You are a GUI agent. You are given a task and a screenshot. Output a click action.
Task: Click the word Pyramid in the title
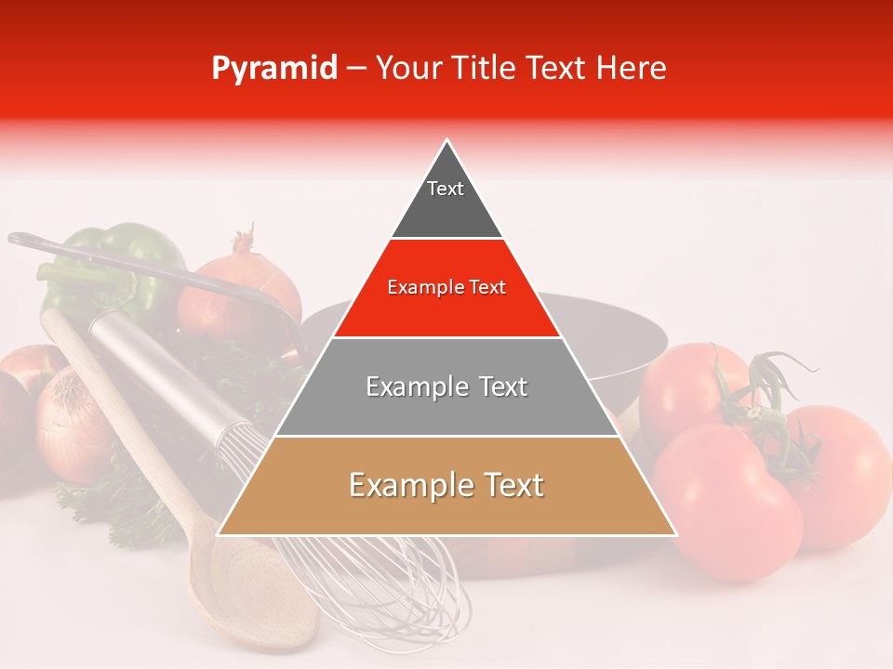273,69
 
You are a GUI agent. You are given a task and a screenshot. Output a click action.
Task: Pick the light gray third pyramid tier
446,409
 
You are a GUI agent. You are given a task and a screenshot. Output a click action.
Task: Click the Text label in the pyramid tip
445,189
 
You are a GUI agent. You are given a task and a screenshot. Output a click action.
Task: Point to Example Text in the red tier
446,287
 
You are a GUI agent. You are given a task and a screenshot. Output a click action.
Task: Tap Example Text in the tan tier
446,485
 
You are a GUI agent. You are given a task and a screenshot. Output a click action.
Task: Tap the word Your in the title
407,68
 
